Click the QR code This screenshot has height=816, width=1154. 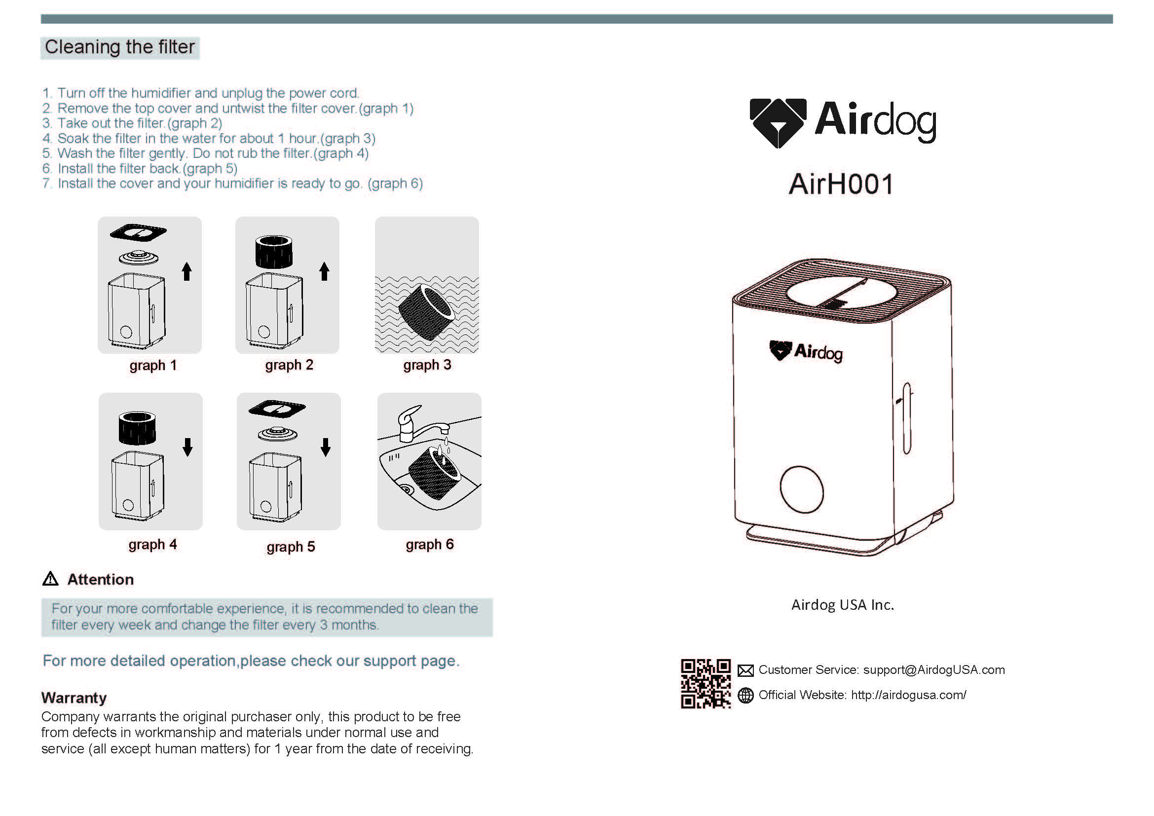point(706,683)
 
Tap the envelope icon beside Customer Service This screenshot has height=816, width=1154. point(745,670)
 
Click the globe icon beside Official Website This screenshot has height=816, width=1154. point(745,696)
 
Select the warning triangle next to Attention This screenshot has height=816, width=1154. point(50,579)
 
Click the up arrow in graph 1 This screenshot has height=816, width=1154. point(187,271)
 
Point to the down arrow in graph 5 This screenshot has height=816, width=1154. point(326,446)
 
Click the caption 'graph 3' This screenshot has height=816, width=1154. point(427,365)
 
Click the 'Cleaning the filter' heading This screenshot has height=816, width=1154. point(119,47)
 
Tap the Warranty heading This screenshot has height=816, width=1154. point(74,698)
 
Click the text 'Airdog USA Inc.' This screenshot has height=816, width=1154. point(843,604)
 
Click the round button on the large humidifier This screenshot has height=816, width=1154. point(802,489)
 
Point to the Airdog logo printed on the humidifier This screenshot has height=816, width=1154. point(806,351)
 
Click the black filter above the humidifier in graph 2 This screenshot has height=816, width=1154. point(274,252)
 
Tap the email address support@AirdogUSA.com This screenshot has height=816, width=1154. point(934,670)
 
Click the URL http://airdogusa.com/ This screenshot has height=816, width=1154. point(909,695)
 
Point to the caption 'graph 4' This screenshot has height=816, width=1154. point(153,545)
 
